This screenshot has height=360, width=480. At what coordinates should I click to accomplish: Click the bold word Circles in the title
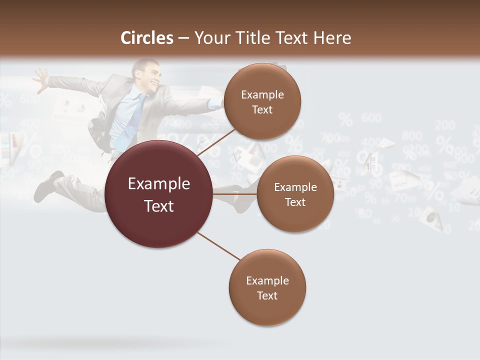click(x=146, y=38)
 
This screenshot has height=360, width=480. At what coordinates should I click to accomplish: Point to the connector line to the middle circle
click(x=235, y=193)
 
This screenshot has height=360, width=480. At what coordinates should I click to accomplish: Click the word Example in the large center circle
click(x=159, y=183)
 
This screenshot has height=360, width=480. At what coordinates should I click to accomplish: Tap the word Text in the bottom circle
click(x=267, y=295)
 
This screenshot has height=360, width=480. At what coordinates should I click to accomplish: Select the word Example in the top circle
click(x=262, y=94)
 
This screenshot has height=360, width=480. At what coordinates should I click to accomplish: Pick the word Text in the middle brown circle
click(x=295, y=202)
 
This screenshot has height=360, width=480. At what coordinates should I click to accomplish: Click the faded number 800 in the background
click(x=411, y=135)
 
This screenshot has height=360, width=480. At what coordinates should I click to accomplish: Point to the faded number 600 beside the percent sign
click(x=371, y=118)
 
